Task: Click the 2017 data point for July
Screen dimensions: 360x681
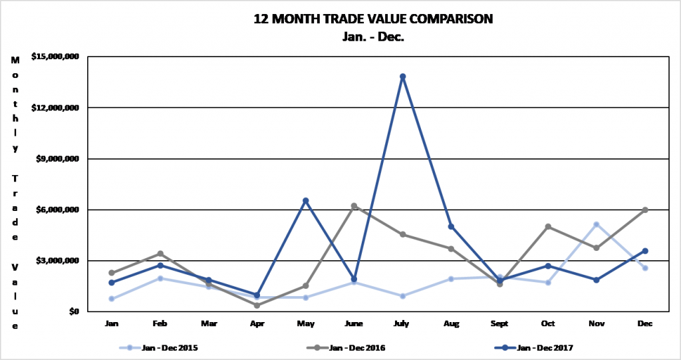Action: tap(403, 77)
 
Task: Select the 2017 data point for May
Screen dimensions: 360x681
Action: tap(306, 200)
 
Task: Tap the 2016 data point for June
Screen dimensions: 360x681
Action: tap(354, 206)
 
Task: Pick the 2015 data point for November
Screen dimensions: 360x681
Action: tap(597, 224)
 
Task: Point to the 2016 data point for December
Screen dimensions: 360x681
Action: tap(645, 210)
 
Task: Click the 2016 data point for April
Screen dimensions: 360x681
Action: tap(257, 305)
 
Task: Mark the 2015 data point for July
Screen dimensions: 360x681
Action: tap(403, 296)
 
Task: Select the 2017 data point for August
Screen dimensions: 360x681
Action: tap(452, 226)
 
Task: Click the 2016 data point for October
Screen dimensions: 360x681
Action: tap(548, 226)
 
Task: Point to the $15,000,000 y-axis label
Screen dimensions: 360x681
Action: tap(55, 57)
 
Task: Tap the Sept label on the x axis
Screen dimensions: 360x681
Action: tap(499, 323)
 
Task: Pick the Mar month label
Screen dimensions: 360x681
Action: tap(209, 323)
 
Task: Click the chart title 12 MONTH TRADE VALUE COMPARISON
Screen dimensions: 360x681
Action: tap(373, 19)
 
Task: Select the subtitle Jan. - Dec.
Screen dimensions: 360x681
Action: tap(373, 37)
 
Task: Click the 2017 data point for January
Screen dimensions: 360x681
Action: tap(112, 283)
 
